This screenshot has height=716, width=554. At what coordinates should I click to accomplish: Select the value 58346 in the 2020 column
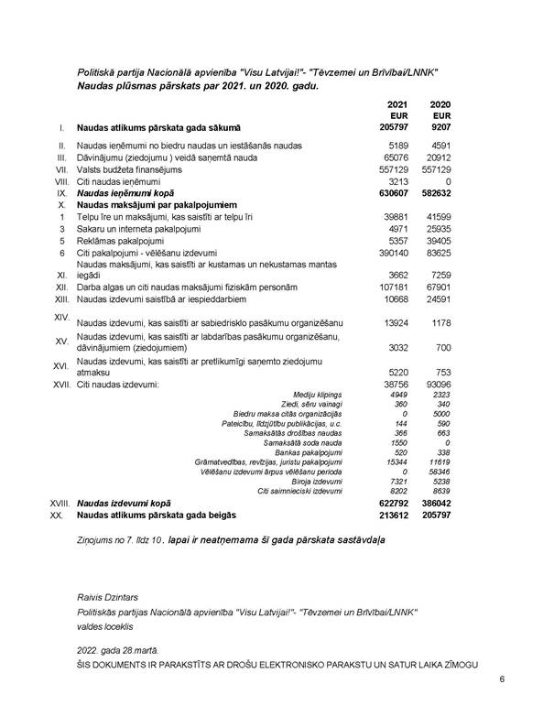pyautogui.click(x=441, y=471)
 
